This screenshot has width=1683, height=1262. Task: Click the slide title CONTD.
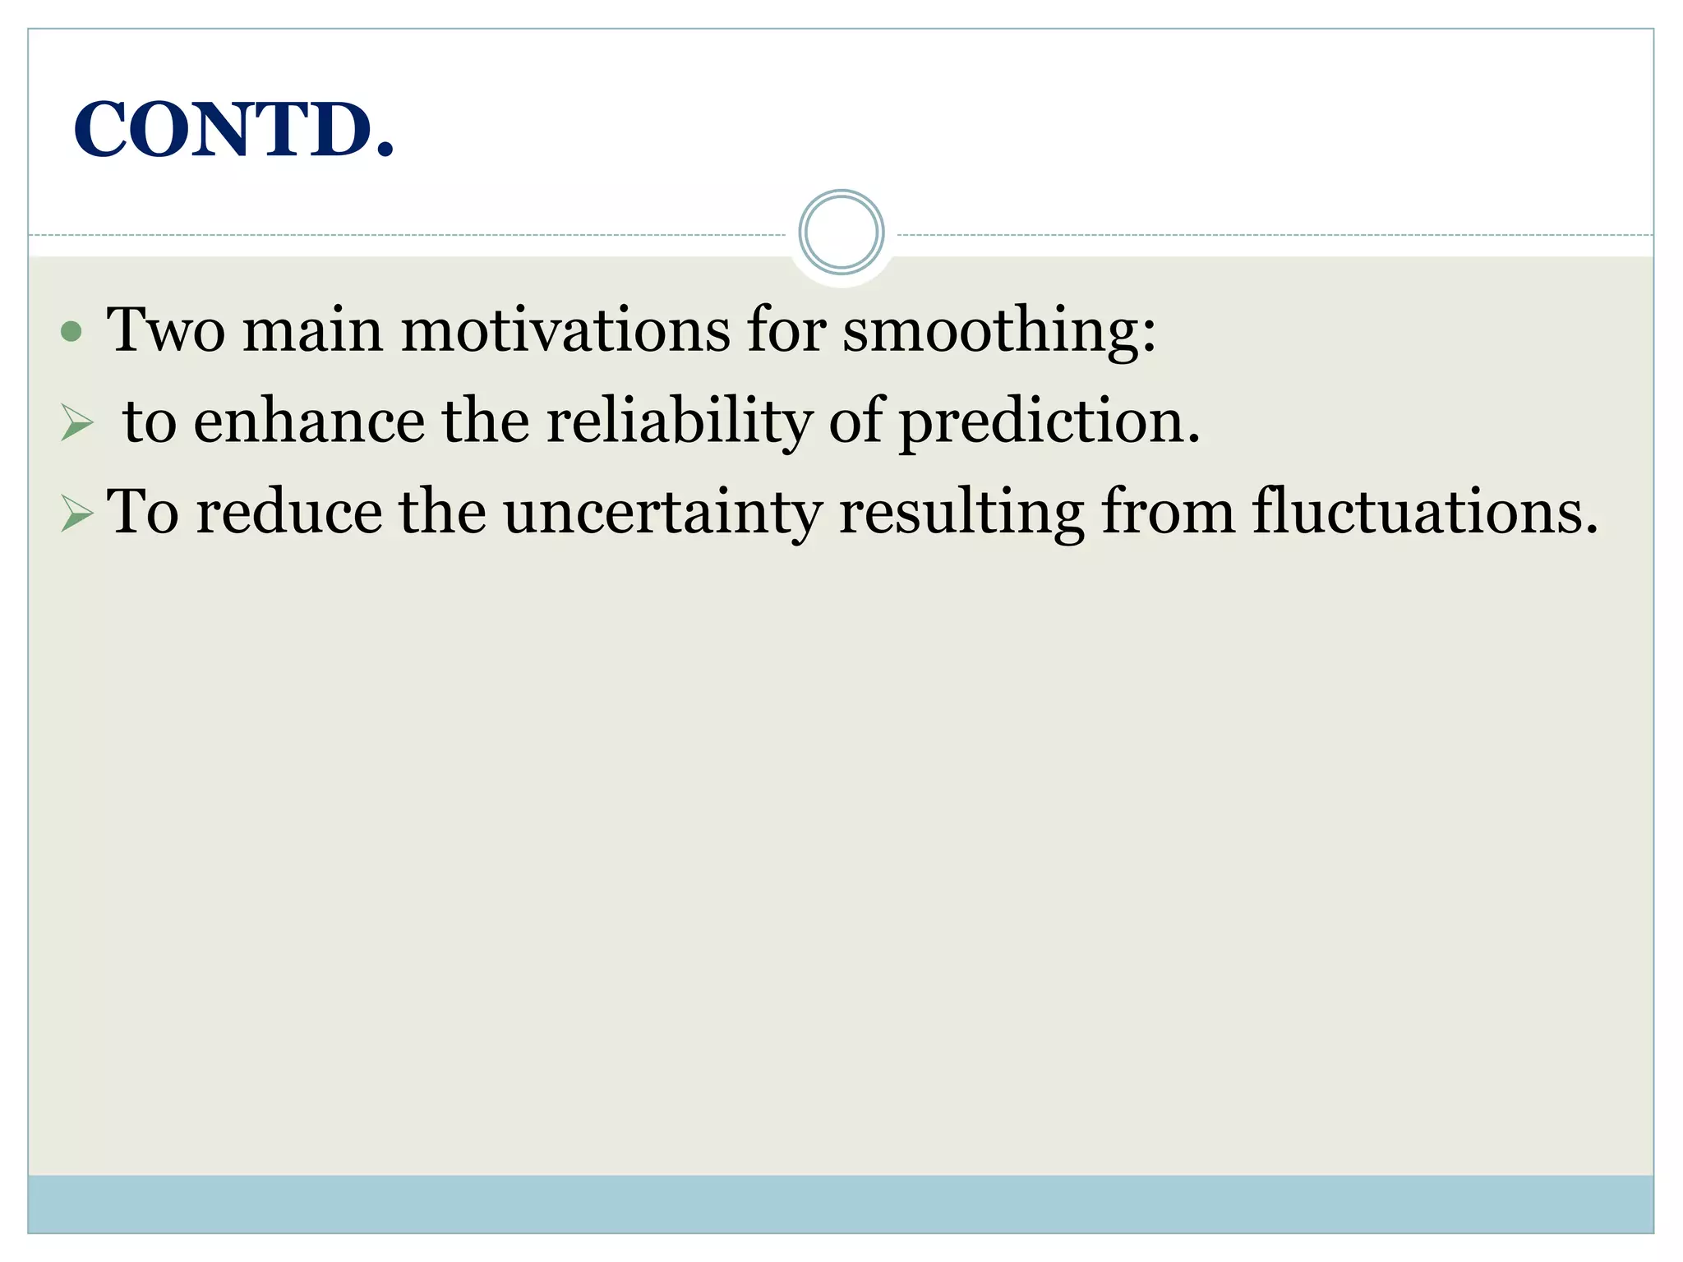click(x=234, y=130)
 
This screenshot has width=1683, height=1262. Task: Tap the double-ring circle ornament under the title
click(x=841, y=233)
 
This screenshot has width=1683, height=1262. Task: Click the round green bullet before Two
click(x=71, y=331)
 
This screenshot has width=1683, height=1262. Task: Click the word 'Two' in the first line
click(x=166, y=330)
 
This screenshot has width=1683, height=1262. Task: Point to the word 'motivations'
click(x=565, y=330)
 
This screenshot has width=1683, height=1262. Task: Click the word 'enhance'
click(x=310, y=421)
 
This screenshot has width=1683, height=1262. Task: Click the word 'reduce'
click(x=289, y=512)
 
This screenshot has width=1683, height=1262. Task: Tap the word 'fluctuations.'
click(x=1426, y=512)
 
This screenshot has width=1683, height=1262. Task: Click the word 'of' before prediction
click(x=855, y=421)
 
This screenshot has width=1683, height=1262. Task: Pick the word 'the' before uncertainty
click(x=442, y=512)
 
